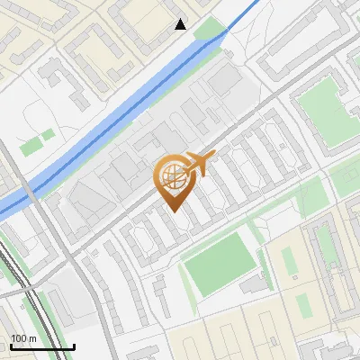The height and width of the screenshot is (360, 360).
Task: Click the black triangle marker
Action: coord(181,24)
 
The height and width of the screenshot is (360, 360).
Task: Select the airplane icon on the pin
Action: coord(199,164)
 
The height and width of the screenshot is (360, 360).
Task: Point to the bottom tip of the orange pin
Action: coord(173,210)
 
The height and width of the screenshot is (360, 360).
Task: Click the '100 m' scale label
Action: coord(24,338)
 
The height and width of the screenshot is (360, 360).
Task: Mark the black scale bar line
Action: coord(41,346)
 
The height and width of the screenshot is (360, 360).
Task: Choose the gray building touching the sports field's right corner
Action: coord(255,284)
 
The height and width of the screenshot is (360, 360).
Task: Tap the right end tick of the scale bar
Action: coord(74,346)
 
